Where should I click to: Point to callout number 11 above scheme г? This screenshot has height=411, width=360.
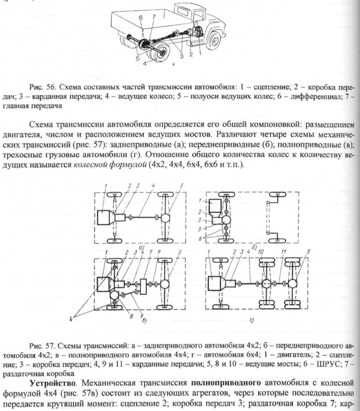coord(284,251)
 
